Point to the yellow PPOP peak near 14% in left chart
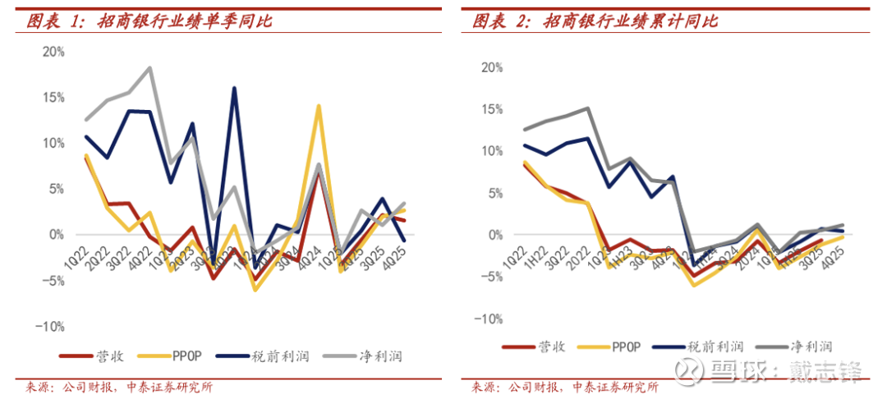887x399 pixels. coord(318,107)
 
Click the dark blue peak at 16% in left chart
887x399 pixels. coord(235,88)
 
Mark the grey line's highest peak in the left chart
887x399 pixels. coord(149,68)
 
